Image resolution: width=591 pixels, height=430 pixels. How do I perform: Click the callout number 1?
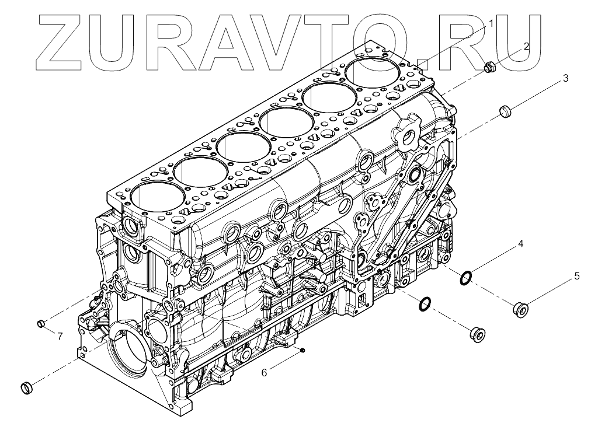pyautogui.click(x=491, y=23)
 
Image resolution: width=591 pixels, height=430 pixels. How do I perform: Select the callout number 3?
pyautogui.click(x=565, y=78)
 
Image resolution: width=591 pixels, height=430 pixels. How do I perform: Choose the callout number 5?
pyautogui.click(x=576, y=276)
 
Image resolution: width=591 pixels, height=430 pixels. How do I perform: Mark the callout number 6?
pyautogui.click(x=264, y=373)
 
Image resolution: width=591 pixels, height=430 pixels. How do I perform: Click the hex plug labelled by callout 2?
pyautogui.click(x=489, y=68)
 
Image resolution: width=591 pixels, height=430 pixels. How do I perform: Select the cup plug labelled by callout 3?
pyautogui.click(x=505, y=110)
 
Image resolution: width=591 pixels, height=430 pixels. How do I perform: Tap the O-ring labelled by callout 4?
pyautogui.click(x=466, y=278)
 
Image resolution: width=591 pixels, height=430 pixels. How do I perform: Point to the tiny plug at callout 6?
pyautogui.click(x=304, y=349)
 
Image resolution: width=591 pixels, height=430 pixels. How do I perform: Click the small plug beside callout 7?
pyautogui.click(x=41, y=323)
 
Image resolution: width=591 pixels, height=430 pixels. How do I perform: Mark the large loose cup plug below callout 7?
pyautogui.click(x=27, y=387)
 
